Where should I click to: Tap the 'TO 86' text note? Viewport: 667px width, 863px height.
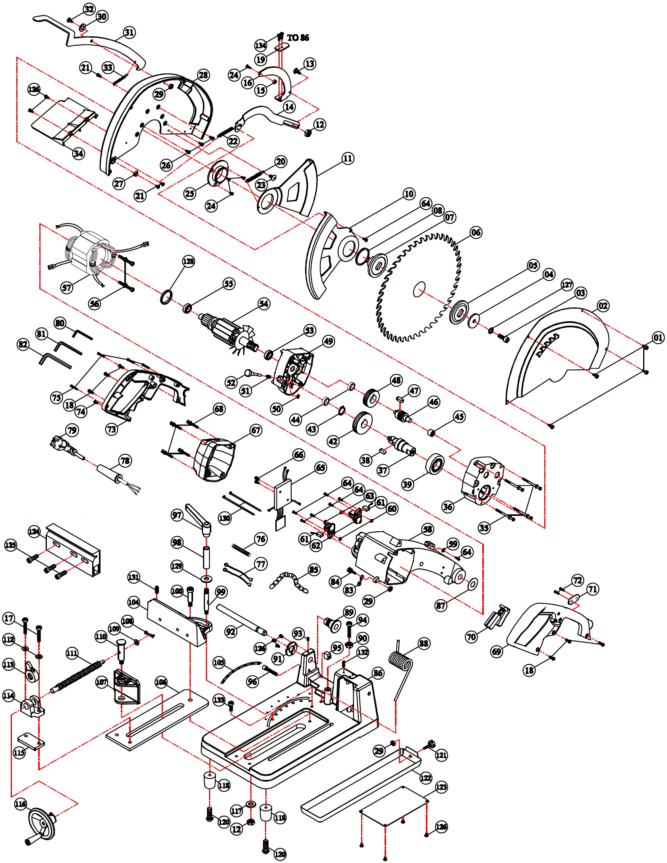point(298,38)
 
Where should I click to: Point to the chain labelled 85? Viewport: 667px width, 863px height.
point(289,582)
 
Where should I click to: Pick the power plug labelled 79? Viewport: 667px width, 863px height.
point(66,448)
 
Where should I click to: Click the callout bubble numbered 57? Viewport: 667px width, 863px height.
point(67,287)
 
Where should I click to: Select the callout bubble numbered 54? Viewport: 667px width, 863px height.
point(264,304)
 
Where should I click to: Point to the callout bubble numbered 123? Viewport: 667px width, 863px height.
point(441,787)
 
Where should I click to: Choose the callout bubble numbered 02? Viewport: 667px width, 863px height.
point(603,305)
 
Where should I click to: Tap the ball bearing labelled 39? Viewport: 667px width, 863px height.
point(435,464)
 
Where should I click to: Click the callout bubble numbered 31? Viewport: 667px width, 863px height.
point(130,33)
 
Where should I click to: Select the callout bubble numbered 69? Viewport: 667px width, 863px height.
point(497,651)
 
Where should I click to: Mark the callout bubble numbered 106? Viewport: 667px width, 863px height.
point(161,682)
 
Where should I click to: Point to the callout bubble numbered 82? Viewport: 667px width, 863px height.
point(23,344)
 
